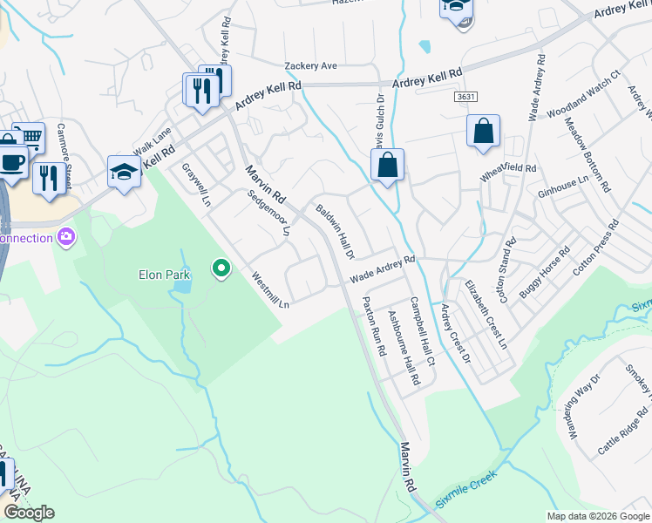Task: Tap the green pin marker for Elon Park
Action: (221, 269)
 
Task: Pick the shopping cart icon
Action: (29, 137)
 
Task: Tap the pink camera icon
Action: (65, 237)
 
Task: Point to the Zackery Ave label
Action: (310, 66)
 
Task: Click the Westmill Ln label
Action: (270, 291)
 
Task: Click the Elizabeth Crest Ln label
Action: (486, 315)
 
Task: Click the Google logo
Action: (30, 513)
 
